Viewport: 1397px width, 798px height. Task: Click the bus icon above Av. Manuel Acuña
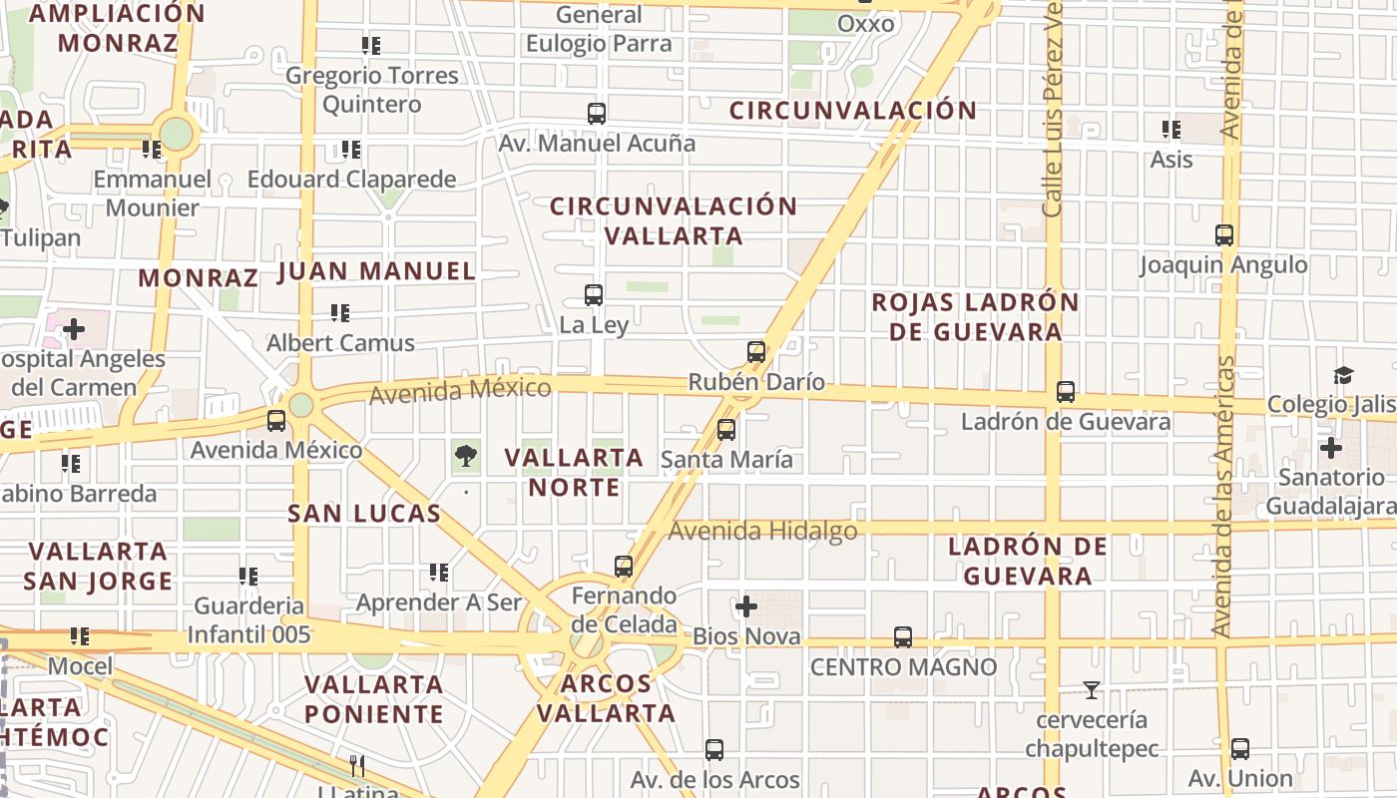click(597, 114)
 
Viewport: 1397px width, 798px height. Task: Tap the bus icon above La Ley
click(594, 295)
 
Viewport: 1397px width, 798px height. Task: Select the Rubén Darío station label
click(756, 382)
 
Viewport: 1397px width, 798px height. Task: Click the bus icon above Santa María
click(726, 430)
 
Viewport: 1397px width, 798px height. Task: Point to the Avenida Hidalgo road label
click(762, 531)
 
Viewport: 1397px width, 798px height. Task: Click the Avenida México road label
click(460, 390)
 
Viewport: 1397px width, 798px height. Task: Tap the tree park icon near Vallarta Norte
click(465, 457)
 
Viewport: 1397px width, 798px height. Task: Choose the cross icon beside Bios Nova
click(745, 606)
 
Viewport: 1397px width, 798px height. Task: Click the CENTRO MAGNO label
click(903, 666)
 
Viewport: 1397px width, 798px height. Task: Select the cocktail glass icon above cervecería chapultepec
click(1092, 689)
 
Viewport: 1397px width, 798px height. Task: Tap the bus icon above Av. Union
click(1240, 749)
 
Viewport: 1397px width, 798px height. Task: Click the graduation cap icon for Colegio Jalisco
click(1343, 376)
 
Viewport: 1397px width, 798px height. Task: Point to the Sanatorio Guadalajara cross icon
click(1330, 448)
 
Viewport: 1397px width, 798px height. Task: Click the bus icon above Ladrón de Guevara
click(1066, 392)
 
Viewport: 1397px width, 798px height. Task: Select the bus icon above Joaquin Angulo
click(1224, 235)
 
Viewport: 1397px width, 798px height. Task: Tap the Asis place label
click(1171, 159)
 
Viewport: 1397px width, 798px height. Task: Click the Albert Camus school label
click(340, 343)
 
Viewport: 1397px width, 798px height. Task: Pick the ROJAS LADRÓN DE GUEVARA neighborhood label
click(975, 316)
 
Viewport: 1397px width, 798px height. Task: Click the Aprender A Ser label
click(439, 602)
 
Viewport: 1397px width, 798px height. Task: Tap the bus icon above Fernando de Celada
click(624, 567)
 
